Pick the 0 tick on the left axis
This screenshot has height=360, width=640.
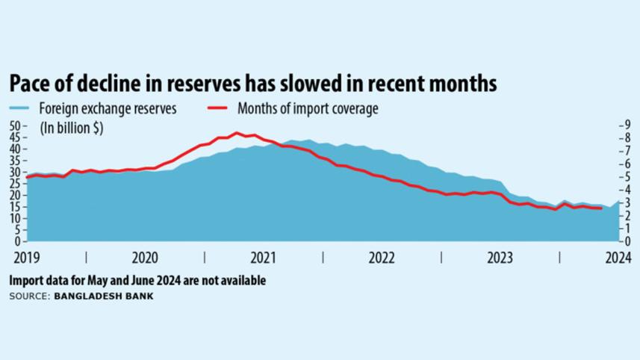pyautogui.click(x=16, y=242)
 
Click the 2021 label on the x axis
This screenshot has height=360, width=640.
pyautogui.click(x=263, y=258)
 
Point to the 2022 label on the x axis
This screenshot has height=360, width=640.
pyautogui.click(x=382, y=258)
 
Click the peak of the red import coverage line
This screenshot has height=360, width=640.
pyautogui.click(x=237, y=133)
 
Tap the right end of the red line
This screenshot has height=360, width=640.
pyautogui.click(x=601, y=208)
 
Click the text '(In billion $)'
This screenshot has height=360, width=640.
pyautogui.click(x=72, y=128)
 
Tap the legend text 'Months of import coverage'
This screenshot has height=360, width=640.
pyautogui.click(x=308, y=109)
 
